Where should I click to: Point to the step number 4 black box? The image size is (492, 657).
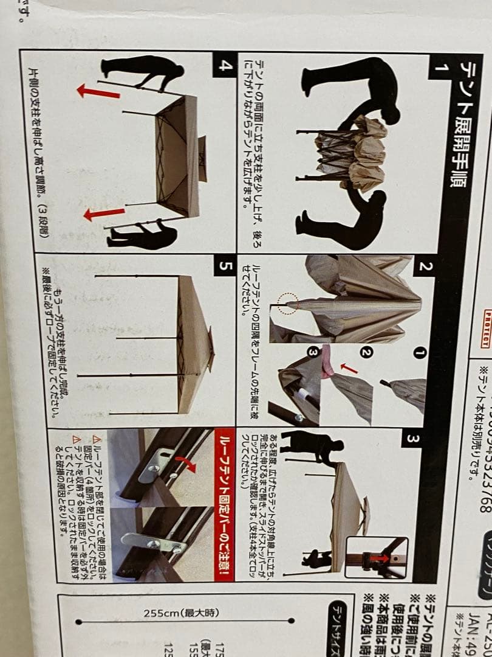[x=225, y=65]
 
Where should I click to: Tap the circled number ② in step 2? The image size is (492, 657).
[x=366, y=352]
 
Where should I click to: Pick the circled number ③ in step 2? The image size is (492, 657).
[x=313, y=352]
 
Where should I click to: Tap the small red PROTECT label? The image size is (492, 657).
[x=486, y=327]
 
